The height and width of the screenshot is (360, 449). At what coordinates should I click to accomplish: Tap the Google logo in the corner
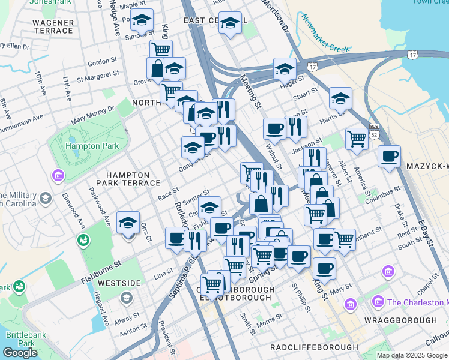point(20,353)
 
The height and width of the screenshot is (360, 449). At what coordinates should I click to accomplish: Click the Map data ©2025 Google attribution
point(412,355)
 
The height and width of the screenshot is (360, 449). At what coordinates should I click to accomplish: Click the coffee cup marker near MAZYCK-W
point(390,157)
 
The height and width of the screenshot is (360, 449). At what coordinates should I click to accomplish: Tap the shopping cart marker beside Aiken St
point(357,139)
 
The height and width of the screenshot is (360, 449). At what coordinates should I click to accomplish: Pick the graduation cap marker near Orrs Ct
point(128,223)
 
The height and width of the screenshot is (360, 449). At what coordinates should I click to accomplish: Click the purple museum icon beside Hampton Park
point(58,176)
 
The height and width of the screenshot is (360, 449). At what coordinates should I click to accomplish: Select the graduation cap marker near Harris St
point(340,98)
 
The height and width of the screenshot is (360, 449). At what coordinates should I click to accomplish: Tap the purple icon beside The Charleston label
point(378,301)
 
